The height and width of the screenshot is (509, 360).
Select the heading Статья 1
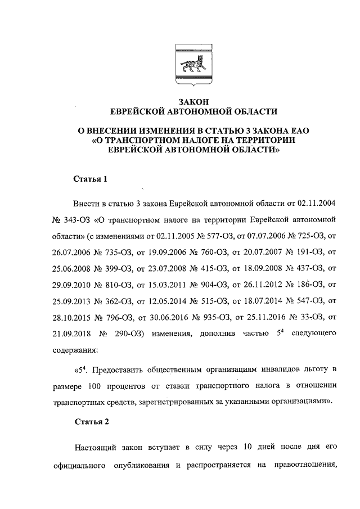[x=90, y=179]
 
